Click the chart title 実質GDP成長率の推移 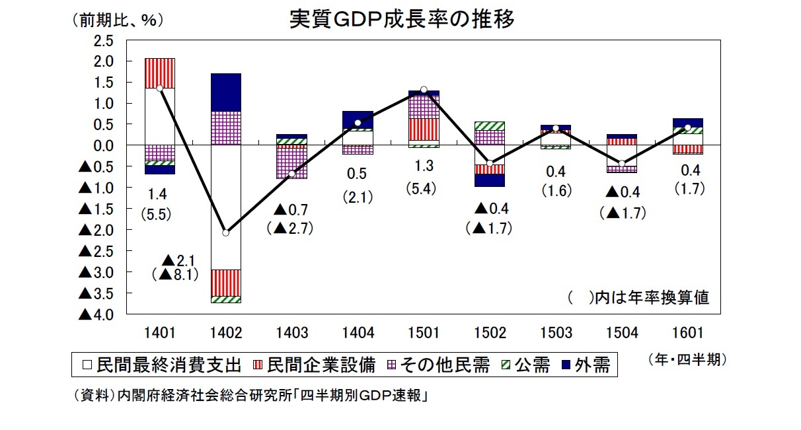(402, 19)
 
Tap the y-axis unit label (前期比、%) (117, 20)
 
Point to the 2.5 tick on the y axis (104, 40)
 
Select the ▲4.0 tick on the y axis (96, 315)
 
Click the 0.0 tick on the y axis (104, 145)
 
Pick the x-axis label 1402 (225, 333)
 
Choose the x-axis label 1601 (687, 333)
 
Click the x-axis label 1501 (424, 333)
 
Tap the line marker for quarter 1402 (226, 233)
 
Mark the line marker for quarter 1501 (424, 90)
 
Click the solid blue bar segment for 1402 (226, 92)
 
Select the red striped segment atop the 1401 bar (160, 73)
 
